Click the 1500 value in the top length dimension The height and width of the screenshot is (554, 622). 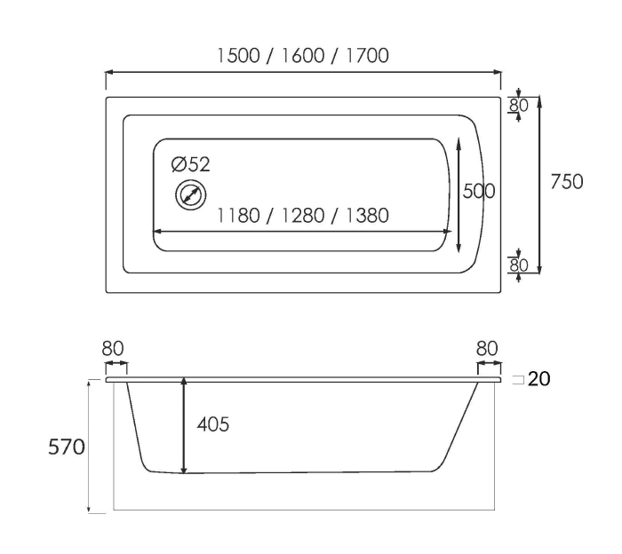point(238,55)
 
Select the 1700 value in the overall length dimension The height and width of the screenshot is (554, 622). point(367,55)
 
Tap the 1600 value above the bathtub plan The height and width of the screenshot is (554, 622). point(303,55)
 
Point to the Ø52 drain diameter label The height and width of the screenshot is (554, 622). point(190,164)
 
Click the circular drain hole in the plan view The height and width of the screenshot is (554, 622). point(191,195)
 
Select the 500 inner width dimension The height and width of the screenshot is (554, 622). point(479,191)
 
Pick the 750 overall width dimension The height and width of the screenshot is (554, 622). point(567,182)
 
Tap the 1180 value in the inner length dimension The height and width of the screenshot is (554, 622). point(238,216)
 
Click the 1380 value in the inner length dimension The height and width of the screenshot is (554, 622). point(367,216)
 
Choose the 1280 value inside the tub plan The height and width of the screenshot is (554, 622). point(303,216)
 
